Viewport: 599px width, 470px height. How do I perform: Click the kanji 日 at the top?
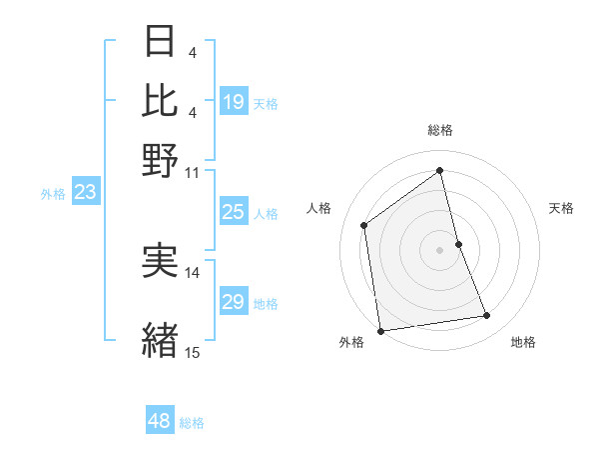(x=160, y=41)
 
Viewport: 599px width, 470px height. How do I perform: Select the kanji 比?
(x=160, y=100)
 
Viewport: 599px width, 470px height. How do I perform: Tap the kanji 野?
(x=160, y=160)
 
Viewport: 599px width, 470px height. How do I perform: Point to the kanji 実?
(x=160, y=260)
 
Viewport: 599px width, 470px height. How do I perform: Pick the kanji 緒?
(x=160, y=338)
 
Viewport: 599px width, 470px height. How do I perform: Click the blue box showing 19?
(x=233, y=102)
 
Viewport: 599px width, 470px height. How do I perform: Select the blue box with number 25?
(x=233, y=212)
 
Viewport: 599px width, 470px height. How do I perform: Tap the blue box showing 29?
(x=233, y=302)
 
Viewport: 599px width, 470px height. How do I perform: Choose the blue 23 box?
(x=85, y=193)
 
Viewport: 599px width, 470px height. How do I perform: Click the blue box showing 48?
(x=159, y=421)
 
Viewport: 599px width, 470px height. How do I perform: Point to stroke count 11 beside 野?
(x=193, y=171)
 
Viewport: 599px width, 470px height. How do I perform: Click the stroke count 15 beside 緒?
(x=193, y=352)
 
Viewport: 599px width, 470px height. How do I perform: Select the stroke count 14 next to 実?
(x=193, y=272)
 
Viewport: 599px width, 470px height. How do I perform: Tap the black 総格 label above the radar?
(x=440, y=130)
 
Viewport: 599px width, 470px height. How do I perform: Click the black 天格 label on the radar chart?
(x=562, y=208)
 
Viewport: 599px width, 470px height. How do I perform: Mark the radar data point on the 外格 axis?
(x=380, y=330)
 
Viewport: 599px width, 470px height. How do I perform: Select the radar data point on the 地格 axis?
(x=487, y=316)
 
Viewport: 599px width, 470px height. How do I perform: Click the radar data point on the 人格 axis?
(x=364, y=225)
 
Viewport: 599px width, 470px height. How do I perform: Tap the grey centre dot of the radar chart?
(x=440, y=249)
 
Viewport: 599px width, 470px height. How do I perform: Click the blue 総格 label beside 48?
(x=193, y=423)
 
